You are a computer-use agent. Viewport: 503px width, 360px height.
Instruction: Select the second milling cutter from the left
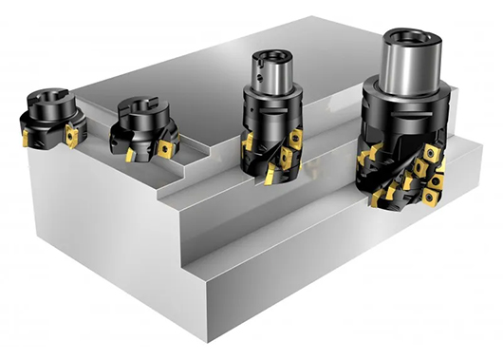(x=141, y=127)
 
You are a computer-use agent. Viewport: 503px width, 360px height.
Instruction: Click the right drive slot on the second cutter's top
(x=155, y=103)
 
